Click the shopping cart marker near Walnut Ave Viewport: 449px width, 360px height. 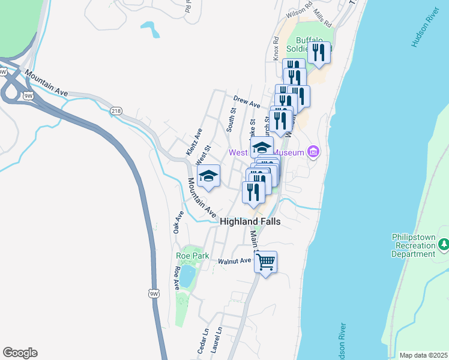pyautogui.click(x=265, y=261)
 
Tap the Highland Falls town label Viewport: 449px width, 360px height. pyautogui.click(x=250, y=221)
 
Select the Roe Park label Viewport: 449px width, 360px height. pyautogui.click(x=193, y=256)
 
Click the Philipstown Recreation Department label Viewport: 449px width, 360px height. pyautogui.click(x=413, y=245)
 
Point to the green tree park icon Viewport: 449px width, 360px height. pyautogui.click(x=444, y=244)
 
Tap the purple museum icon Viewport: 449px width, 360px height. pyautogui.click(x=312, y=152)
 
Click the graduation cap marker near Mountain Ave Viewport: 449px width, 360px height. pyautogui.click(x=208, y=175)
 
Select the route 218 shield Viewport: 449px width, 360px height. pyautogui.click(x=116, y=110)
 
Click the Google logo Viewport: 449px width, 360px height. pyautogui.click(x=20, y=353)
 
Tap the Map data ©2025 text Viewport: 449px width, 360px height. pyautogui.click(x=423, y=355)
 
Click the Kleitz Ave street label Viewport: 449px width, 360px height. pyautogui.click(x=194, y=142)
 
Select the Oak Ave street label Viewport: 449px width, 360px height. pyautogui.click(x=178, y=222)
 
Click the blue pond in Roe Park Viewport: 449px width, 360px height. pyautogui.click(x=187, y=276)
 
